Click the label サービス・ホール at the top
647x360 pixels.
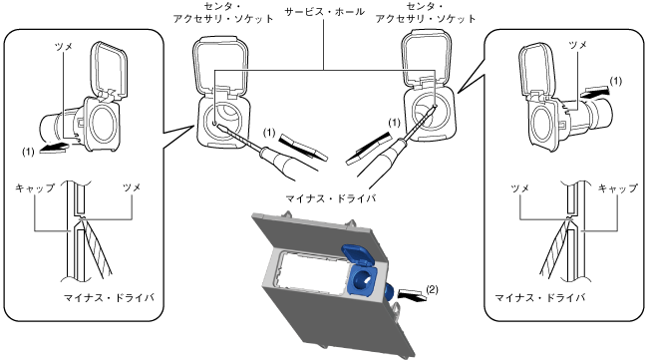pos(324,12)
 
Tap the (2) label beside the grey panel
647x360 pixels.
pos(432,289)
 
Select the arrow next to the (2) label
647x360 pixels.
pos(411,296)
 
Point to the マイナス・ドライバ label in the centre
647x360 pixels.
pos(331,198)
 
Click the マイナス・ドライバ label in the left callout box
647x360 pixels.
pos(109,297)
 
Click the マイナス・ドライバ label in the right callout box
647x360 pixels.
pos(540,297)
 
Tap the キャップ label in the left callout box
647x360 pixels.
pos(35,187)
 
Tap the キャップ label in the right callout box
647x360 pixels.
pos(618,187)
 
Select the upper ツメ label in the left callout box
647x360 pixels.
pos(64,46)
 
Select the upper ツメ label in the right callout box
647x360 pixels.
pos(577,45)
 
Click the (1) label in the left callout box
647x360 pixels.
pos(28,152)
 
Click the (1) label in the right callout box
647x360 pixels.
pos(615,81)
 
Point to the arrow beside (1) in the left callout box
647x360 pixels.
pos(54,147)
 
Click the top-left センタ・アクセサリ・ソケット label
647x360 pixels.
pos(223,12)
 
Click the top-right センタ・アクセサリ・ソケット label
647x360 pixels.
pos(426,12)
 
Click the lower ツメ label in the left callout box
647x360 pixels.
pos(132,187)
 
